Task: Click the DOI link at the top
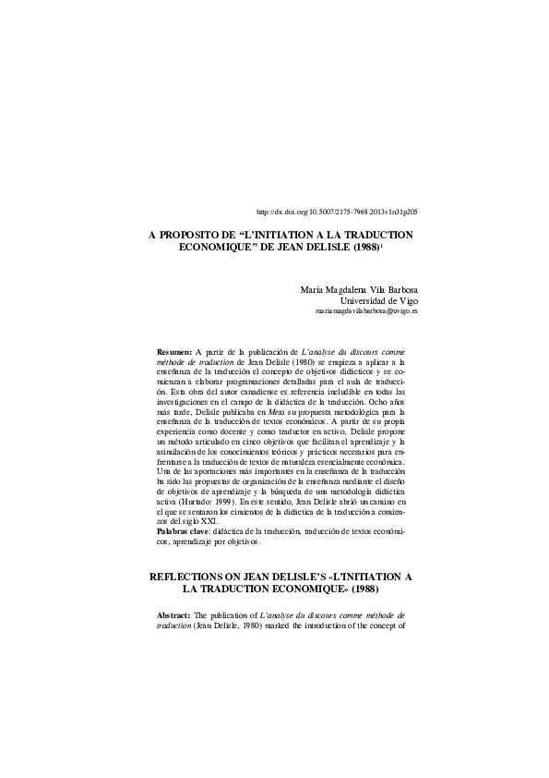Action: tap(336, 212)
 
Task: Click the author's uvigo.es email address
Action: tap(366, 312)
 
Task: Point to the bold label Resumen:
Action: tap(174, 353)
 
